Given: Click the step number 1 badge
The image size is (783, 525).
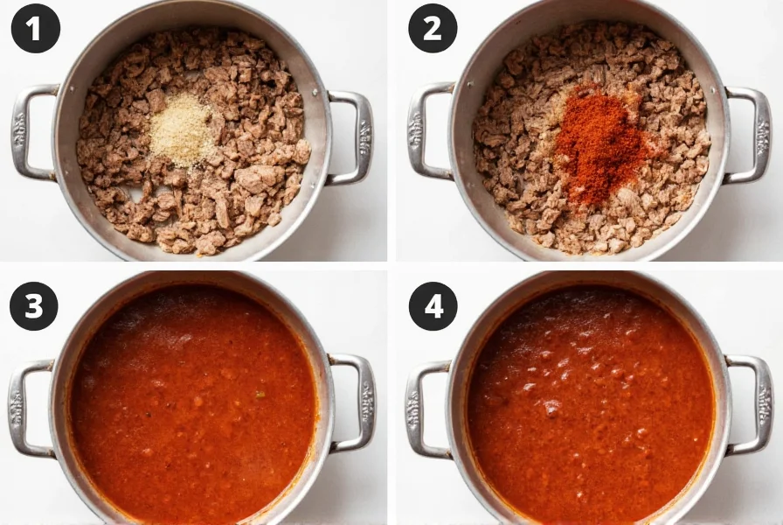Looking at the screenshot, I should coord(35,29).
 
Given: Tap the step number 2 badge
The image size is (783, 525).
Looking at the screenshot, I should coord(433,29).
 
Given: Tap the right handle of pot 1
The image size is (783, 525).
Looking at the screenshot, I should coord(356,137).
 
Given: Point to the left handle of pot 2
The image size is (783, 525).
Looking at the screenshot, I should coord(426,131).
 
